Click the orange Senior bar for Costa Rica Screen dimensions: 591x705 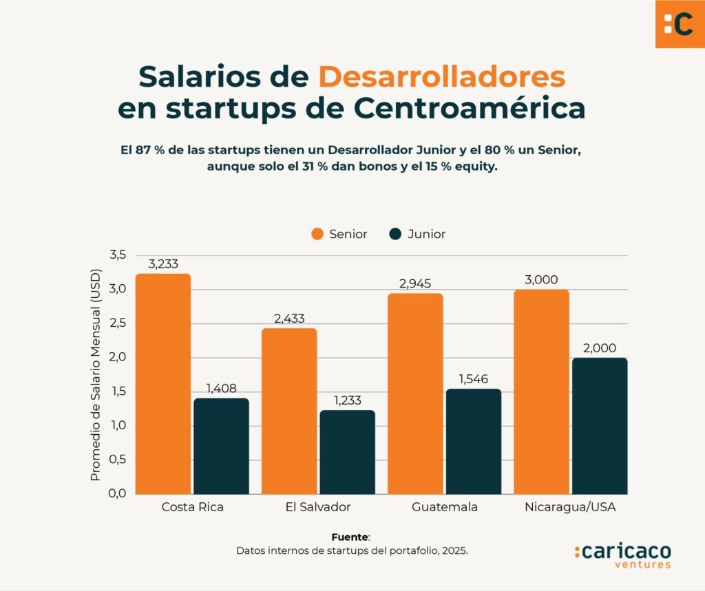[x=163, y=383]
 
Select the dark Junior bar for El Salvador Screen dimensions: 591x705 [x=347, y=452]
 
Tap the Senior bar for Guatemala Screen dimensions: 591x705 [x=416, y=394]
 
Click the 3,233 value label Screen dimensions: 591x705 [x=163, y=264]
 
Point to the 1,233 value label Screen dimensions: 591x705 [x=347, y=400]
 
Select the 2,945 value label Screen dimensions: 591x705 [x=416, y=283]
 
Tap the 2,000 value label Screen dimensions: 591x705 [x=599, y=348]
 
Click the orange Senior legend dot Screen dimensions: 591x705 [x=317, y=234]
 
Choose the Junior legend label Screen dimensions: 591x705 [x=426, y=234]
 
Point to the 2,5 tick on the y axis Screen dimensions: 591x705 [x=118, y=323]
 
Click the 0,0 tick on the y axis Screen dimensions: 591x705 [x=118, y=493]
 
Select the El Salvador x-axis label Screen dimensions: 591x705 [x=318, y=508]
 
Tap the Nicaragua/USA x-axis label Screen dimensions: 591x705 [x=570, y=508]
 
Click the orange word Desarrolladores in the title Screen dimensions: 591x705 [x=441, y=76]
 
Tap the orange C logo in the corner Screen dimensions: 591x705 [x=680, y=23]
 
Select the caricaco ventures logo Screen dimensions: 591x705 [x=622, y=555]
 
